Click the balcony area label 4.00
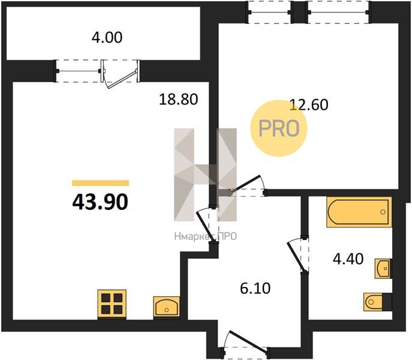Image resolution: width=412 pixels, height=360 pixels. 107,37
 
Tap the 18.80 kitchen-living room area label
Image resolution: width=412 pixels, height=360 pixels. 178,100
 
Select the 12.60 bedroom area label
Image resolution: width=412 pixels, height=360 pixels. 309,104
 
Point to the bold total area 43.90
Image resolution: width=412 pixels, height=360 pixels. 100,202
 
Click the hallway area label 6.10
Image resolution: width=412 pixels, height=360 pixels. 255,288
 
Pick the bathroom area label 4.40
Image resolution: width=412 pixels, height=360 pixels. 348,259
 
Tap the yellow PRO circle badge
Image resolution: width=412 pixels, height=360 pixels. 279,128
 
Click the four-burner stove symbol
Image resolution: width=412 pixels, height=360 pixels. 112,304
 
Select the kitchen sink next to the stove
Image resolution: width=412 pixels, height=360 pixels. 167,307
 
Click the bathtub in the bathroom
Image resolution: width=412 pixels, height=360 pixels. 359,212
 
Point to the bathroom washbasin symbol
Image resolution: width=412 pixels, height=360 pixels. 383,268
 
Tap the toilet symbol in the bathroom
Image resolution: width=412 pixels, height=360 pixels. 378,302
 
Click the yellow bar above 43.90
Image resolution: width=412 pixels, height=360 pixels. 100,183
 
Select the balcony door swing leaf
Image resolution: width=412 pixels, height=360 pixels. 122,79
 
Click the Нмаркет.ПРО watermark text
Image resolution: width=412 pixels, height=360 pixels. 206,236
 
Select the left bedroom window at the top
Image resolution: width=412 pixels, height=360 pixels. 270,12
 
